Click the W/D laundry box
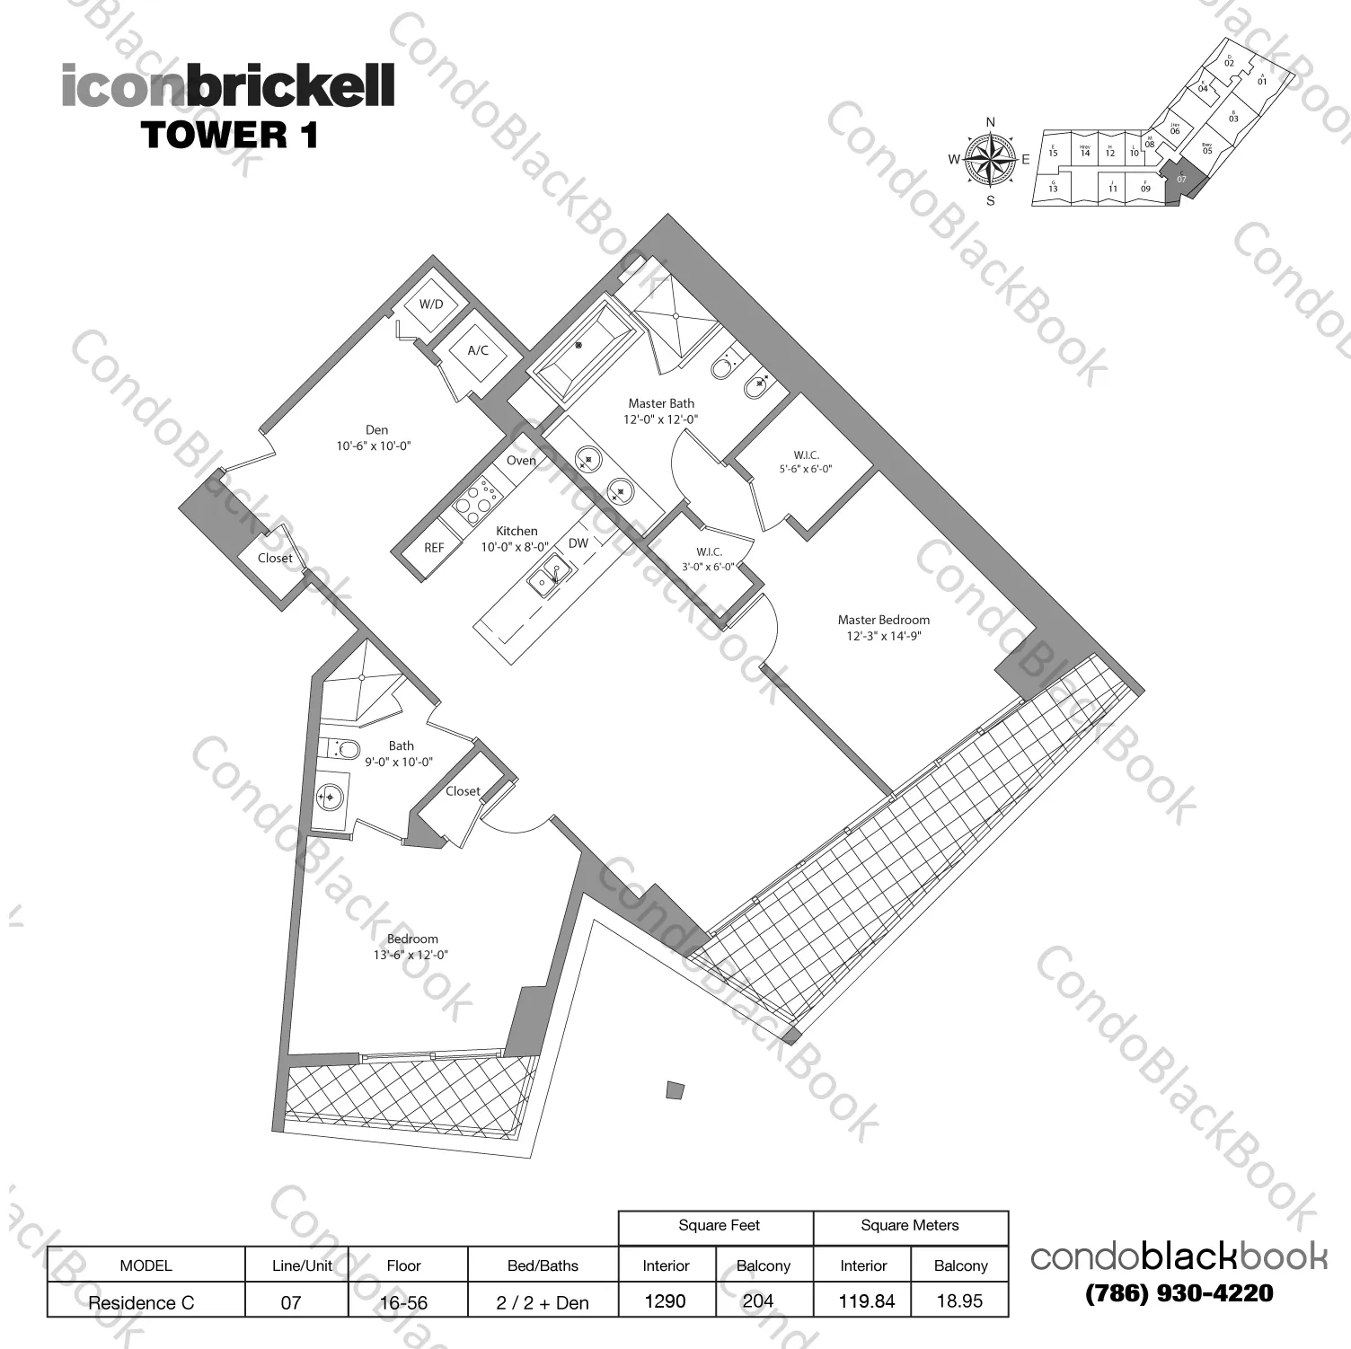431,304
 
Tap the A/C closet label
478,350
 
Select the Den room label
376,430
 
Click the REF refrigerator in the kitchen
434,548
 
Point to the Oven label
521,461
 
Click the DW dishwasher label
578,543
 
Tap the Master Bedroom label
883,620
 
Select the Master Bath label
661,404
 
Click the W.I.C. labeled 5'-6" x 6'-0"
806,455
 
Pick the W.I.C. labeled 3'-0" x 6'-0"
709,552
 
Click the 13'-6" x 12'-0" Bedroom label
412,939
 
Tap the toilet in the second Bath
340,748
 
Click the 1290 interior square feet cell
666,1301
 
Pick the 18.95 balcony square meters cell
959,1301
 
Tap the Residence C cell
141,1302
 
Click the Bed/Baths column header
542,1265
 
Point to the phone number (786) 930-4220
1179,1293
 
